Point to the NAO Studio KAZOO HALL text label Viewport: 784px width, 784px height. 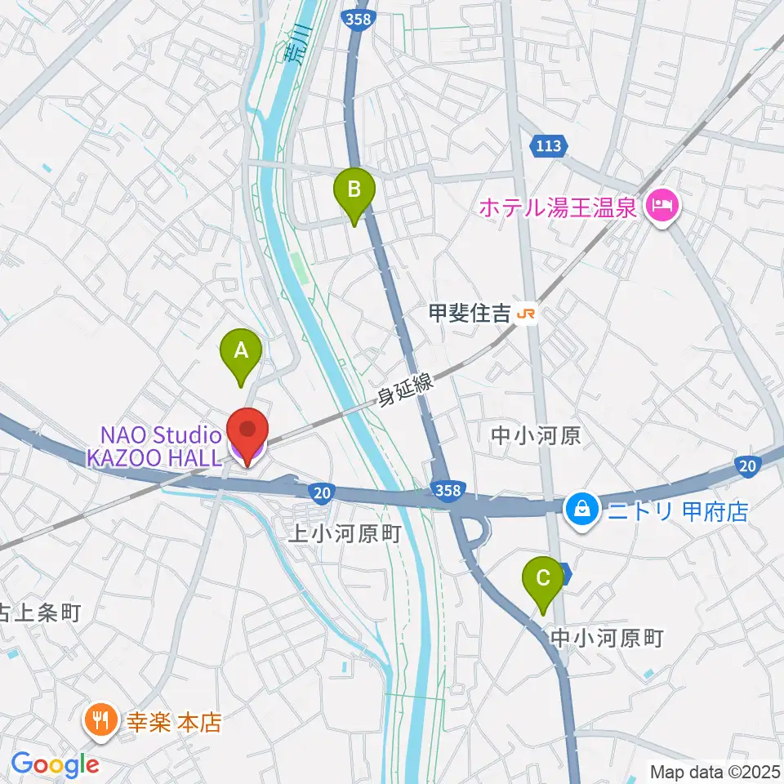point(155,445)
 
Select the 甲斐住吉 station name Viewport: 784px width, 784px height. point(470,313)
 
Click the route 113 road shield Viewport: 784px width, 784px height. point(548,146)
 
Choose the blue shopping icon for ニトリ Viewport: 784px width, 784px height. point(581,511)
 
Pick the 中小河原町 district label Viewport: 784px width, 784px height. point(607,637)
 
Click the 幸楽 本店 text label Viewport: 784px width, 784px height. point(172,722)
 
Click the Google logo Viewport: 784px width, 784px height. point(55,764)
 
